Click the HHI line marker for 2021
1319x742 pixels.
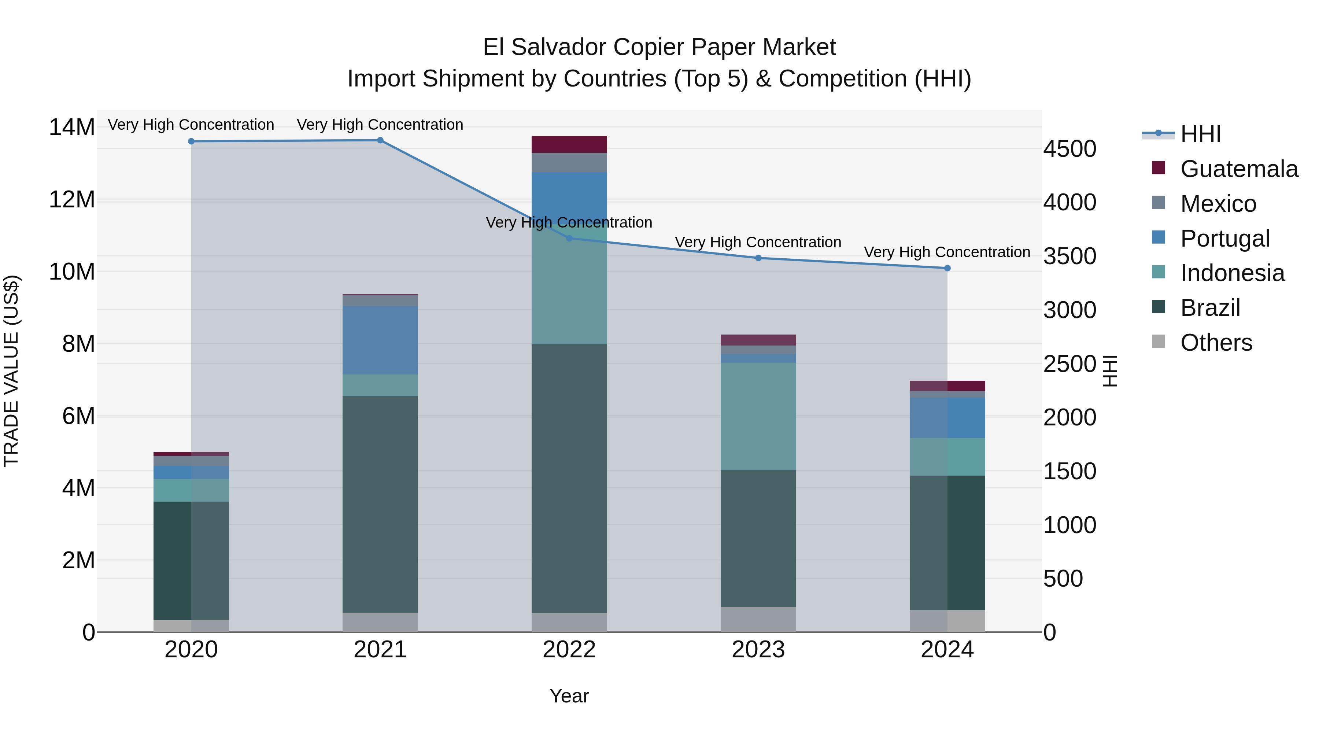(x=380, y=140)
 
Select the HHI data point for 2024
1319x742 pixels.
(x=947, y=268)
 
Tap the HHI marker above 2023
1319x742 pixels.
(x=758, y=258)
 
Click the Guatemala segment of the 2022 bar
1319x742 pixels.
(x=569, y=144)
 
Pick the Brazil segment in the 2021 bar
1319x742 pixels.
(x=380, y=505)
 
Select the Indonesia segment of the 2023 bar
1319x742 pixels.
(x=758, y=416)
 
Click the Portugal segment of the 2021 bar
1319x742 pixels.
(x=380, y=340)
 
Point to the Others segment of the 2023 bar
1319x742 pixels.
(x=758, y=620)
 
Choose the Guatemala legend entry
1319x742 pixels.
(x=1239, y=169)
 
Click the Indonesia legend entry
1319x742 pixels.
(x=1232, y=273)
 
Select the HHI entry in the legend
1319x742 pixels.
(x=1200, y=134)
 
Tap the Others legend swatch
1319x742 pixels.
(x=1158, y=342)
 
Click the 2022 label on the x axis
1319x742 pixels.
(x=569, y=650)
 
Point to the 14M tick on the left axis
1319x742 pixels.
(x=72, y=128)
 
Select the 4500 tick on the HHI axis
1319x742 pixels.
(x=1069, y=149)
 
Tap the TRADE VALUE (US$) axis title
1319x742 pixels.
(x=11, y=371)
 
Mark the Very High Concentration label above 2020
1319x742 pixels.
(x=191, y=125)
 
